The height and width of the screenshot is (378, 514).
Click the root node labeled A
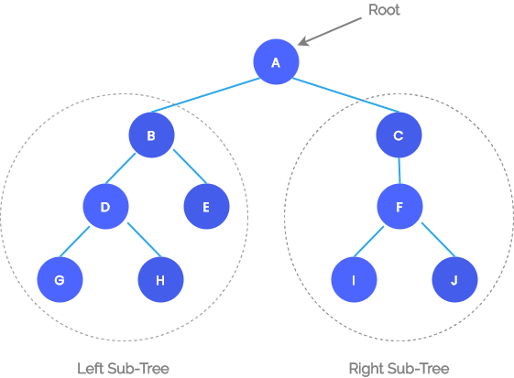(276, 62)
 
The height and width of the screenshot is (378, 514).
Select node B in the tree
(151, 135)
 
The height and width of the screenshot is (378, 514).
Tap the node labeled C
(399, 135)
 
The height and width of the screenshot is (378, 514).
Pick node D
(105, 208)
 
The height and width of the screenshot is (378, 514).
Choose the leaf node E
(205, 208)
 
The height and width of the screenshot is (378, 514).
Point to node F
(399, 208)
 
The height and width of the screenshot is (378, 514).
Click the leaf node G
(60, 280)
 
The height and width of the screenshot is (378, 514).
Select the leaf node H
(160, 280)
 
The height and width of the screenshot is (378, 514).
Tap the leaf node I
(354, 280)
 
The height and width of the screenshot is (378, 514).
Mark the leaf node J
(454, 280)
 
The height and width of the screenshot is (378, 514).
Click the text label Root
(384, 10)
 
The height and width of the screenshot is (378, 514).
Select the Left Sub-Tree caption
(124, 368)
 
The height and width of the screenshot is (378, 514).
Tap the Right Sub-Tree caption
(399, 368)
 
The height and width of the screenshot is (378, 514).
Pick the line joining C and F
(399, 171)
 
